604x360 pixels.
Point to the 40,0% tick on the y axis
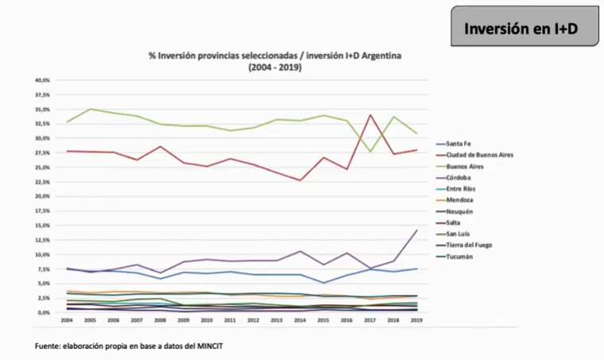point(42,80)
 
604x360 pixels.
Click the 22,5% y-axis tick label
point(42,182)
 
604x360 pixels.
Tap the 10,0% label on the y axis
point(42,254)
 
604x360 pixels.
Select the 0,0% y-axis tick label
point(44,312)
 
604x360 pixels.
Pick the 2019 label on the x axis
point(415,321)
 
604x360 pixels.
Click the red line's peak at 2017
point(370,115)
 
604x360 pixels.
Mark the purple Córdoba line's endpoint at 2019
point(416,230)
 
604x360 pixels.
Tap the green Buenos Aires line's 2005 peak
point(90,109)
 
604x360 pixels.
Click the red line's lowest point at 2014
point(300,180)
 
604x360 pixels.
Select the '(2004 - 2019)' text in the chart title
point(275,68)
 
